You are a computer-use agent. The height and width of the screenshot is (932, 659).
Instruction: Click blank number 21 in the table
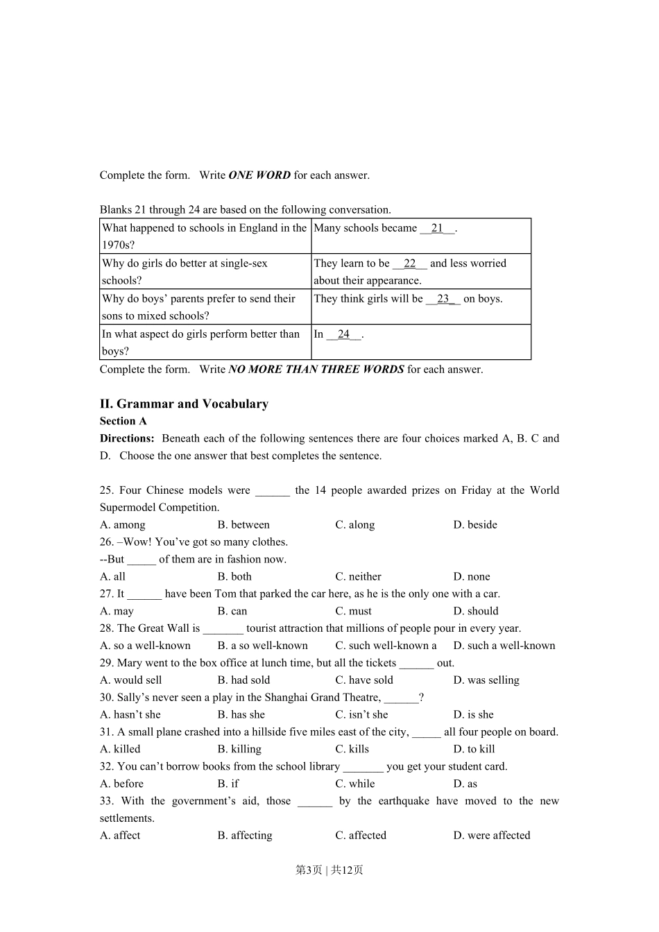(437, 228)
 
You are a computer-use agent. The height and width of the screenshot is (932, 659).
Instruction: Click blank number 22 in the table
(409, 264)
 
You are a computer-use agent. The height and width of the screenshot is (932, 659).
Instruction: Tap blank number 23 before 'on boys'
(443, 299)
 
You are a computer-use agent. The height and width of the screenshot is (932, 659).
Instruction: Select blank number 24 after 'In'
(343, 334)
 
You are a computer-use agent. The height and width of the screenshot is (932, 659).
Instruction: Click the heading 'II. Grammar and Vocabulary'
(184, 404)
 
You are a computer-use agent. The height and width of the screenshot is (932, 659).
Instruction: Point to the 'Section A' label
(123, 421)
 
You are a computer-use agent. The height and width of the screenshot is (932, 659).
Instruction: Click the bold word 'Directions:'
(127, 438)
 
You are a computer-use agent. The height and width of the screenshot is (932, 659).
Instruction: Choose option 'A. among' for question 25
(123, 525)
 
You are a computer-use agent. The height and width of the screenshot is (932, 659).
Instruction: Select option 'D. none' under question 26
(472, 577)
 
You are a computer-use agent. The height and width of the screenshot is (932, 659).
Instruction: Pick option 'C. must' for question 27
(353, 612)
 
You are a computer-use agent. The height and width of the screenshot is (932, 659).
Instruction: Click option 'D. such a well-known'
(504, 646)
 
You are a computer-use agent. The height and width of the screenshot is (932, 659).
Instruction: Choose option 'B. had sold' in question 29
(243, 680)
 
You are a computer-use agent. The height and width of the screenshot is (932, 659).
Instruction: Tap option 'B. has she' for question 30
(241, 715)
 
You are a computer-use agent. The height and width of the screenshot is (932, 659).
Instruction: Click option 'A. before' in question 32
(122, 784)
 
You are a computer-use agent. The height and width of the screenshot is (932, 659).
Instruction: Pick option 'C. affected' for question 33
(361, 836)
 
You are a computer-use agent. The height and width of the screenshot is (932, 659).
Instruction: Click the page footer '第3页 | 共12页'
(329, 870)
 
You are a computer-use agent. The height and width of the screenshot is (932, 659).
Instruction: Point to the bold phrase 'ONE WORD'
(259, 175)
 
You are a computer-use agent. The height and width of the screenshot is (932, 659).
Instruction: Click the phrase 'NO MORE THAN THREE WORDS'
(316, 370)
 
